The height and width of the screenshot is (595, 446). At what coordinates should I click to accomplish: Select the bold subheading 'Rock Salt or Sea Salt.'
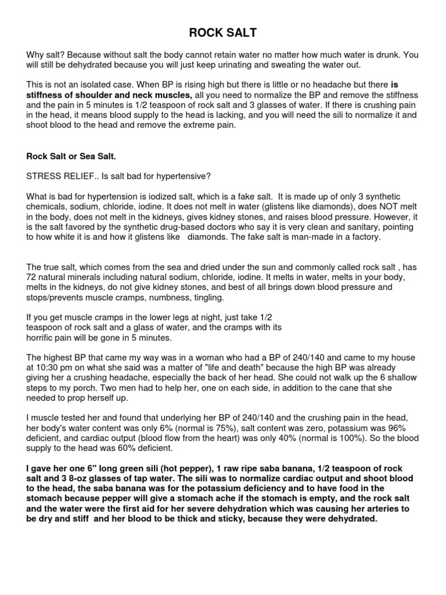70,156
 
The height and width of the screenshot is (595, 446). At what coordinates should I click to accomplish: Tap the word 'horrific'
42,338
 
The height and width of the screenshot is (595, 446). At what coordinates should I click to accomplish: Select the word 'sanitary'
346,227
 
